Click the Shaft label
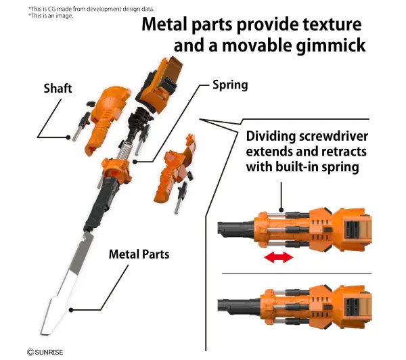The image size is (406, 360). [x=58, y=89]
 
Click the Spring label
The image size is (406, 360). [x=230, y=85]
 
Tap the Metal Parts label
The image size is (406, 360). [x=139, y=254]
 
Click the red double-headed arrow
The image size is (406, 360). [x=279, y=257]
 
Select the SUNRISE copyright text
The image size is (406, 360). [x=45, y=353]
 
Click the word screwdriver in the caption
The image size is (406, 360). [x=333, y=137]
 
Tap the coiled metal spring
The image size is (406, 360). [x=124, y=150]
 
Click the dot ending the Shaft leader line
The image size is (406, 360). [x=68, y=137]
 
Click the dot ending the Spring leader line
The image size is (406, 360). [x=135, y=162]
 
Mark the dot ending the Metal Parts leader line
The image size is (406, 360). [x=71, y=310]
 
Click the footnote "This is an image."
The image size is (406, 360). [x=51, y=16]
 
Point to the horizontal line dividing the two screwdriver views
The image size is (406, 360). [x=297, y=273]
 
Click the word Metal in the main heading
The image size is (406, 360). [x=164, y=24]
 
